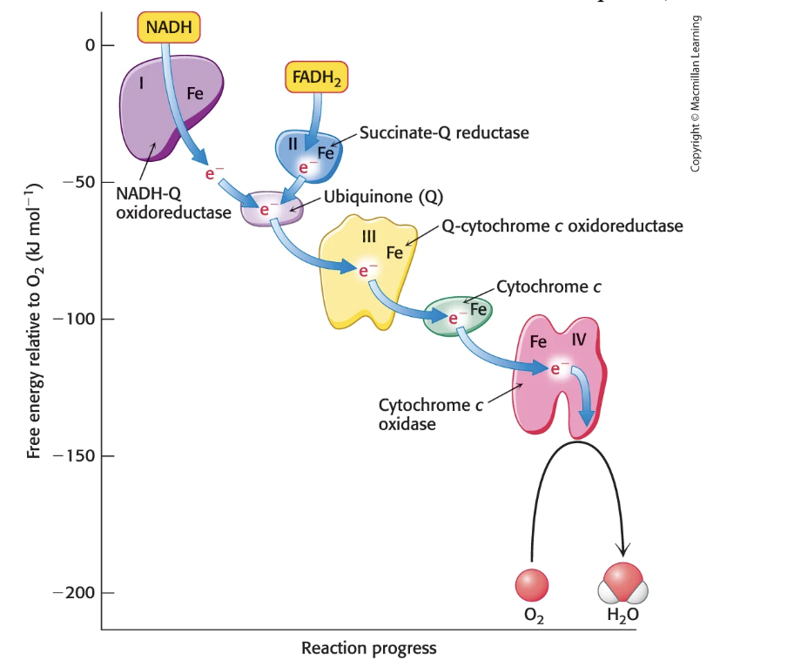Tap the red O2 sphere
[531, 585]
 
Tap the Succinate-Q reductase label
[444, 132]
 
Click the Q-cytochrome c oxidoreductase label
[562, 226]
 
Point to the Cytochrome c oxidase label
[430, 414]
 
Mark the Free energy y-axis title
[36, 320]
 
